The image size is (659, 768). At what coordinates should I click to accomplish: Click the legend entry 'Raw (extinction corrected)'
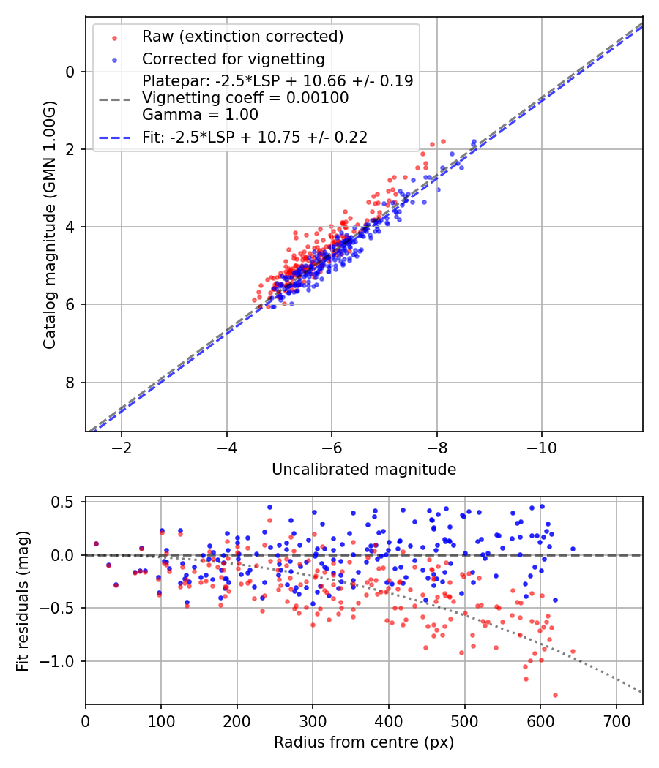point(242,36)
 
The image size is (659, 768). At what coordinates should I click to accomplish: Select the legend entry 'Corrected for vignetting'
point(234,59)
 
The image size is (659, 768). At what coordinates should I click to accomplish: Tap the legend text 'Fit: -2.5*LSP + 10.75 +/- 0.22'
point(254,137)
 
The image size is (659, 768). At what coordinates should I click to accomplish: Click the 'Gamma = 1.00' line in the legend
point(200,114)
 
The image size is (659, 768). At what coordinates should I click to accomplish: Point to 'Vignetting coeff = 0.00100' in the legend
point(245,97)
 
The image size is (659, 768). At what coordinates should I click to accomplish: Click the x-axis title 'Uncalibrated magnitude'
point(364,470)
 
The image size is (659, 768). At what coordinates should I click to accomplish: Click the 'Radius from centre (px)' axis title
point(364,742)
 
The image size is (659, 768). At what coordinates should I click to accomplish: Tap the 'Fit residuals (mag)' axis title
point(23,601)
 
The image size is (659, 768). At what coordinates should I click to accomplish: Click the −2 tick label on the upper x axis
point(122,447)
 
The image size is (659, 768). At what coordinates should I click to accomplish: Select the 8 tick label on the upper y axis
point(70,383)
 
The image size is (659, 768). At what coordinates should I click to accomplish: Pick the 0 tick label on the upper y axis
point(70,72)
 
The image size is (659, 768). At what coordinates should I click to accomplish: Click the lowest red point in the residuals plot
point(555,695)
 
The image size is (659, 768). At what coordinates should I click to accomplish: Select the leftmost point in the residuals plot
point(96,543)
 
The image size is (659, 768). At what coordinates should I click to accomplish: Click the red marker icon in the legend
point(113,37)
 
